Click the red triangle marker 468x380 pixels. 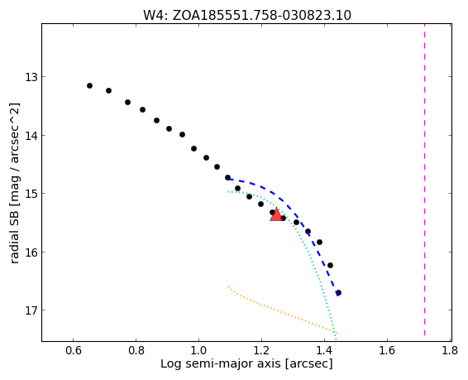coord(276,214)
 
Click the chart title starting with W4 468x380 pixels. coord(247,15)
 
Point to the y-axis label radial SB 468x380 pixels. coord(14,183)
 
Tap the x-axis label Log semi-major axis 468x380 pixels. coord(246,364)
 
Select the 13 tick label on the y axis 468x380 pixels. coord(30,77)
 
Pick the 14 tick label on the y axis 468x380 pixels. coord(30,136)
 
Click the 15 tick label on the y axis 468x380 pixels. coord(30,194)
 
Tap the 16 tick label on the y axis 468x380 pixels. coord(30,253)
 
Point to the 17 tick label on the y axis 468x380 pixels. coord(30,310)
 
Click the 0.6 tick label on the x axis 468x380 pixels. coord(74,350)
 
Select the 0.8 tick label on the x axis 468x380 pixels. coord(136,350)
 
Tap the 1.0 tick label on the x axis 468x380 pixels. coord(198,350)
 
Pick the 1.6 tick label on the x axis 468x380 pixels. coord(387,350)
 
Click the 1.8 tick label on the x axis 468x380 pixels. coord(450,350)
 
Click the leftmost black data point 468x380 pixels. coord(89,86)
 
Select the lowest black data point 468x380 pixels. coord(338,292)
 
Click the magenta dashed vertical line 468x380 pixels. coord(424,182)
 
